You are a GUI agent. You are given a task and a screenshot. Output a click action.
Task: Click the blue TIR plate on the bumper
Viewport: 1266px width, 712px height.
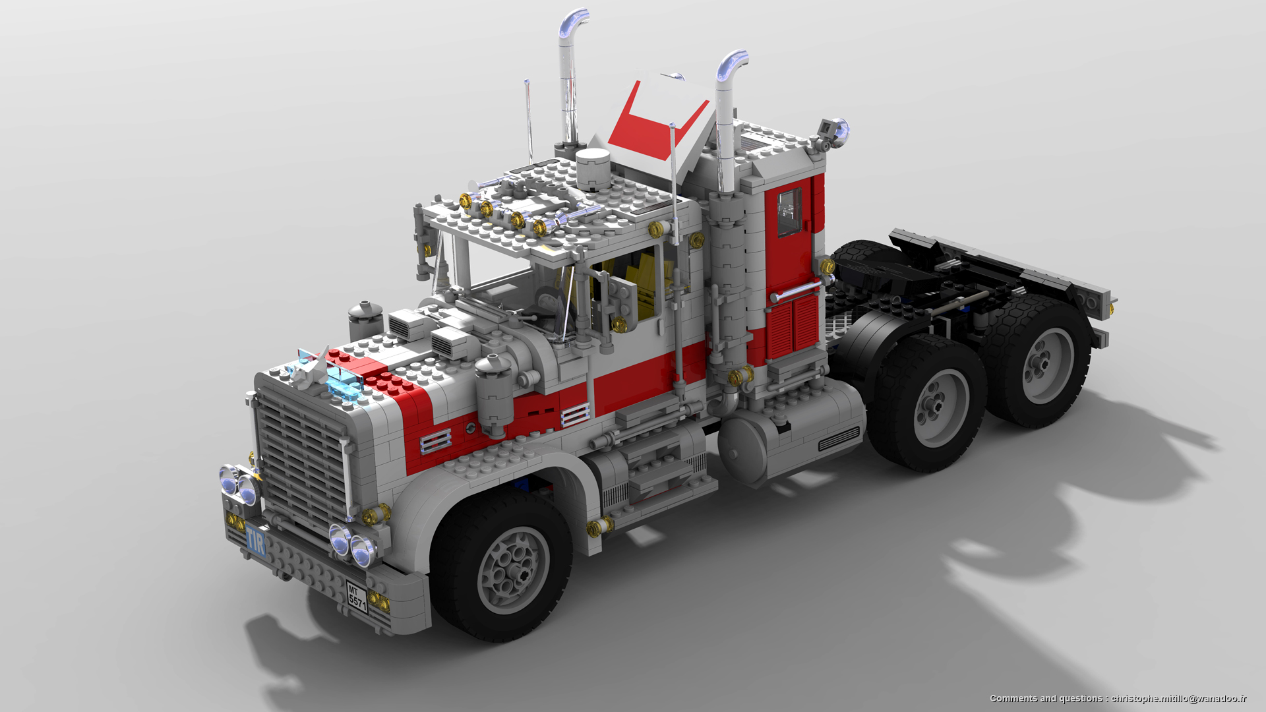256,543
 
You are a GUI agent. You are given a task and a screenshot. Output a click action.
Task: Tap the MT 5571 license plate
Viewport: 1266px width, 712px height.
357,597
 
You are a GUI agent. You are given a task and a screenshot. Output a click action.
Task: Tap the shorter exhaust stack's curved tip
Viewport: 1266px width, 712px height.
733,62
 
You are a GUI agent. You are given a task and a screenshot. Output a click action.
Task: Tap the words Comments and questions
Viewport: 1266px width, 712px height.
1044,698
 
